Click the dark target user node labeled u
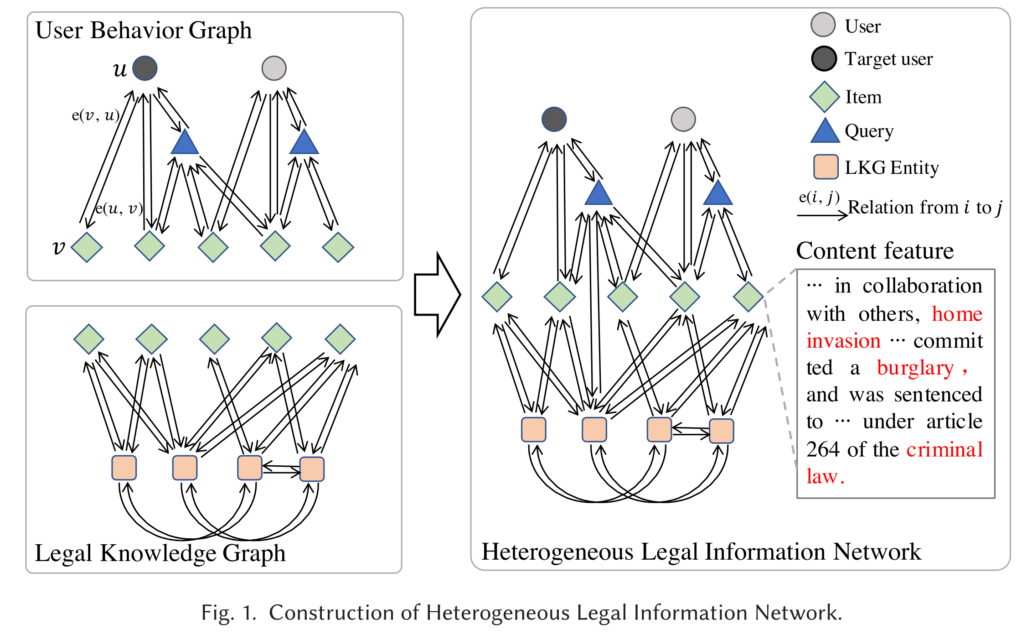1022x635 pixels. click(x=145, y=68)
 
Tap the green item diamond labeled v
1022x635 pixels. click(x=87, y=247)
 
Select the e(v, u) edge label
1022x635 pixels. click(x=95, y=115)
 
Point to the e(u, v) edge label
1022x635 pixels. click(x=119, y=208)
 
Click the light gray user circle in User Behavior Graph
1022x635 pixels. click(x=274, y=68)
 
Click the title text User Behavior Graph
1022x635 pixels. click(x=143, y=31)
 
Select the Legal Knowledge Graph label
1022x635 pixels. click(x=160, y=553)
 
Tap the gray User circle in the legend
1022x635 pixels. click(x=823, y=25)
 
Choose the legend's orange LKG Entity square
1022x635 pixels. click(x=826, y=167)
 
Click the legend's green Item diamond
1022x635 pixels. click(x=824, y=97)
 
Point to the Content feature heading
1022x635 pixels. click(x=874, y=251)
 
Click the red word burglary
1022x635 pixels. click(x=915, y=368)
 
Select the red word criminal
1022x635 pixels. click(x=944, y=449)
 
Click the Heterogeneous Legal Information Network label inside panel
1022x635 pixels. click(x=701, y=552)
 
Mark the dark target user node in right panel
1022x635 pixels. click(x=554, y=120)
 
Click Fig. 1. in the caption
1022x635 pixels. click(x=228, y=613)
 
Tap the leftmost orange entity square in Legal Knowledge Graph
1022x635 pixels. click(x=124, y=468)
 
